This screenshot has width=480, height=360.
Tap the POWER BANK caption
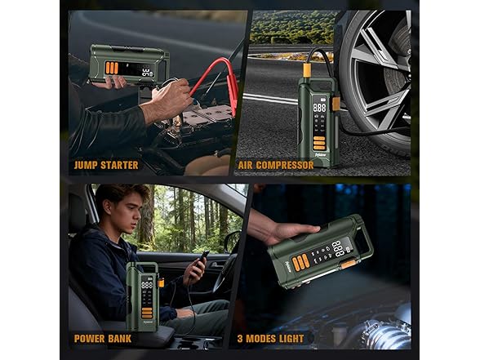pos(102,338)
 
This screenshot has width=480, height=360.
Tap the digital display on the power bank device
pos(147,287)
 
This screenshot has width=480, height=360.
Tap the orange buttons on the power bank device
pos(147,311)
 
